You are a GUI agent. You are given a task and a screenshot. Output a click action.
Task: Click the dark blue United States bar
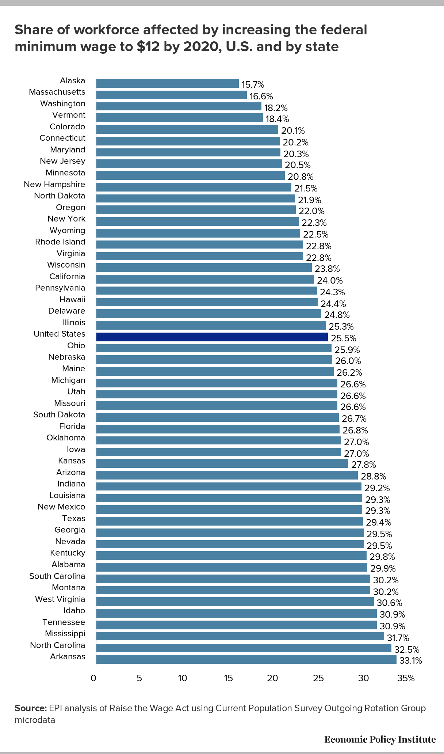(212, 337)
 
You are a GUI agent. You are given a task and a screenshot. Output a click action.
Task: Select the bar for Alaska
(167, 83)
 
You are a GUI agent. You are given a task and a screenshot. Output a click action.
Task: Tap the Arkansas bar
(246, 659)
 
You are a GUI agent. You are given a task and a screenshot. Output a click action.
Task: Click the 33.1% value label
(411, 660)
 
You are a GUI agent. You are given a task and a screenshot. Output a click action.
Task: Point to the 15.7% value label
(253, 85)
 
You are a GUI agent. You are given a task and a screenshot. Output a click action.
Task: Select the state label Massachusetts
(57, 92)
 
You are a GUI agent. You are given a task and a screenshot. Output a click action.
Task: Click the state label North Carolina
(58, 645)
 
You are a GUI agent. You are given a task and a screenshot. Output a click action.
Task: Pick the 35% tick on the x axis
(406, 678)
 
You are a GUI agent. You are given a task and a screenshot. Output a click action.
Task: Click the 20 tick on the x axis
(272, 678)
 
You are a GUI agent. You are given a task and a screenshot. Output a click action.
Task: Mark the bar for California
(205, 279)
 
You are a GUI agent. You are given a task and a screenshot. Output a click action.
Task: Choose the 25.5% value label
(344, 338)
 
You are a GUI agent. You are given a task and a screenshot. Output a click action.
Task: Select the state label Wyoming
(68, 230)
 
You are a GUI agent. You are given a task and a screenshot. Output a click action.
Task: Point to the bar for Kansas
(222, 463)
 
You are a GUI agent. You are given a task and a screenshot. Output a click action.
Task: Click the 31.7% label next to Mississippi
(398, 638)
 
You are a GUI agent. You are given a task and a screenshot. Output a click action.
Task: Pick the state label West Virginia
(60, 599)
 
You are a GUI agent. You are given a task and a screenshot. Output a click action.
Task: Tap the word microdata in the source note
(35, 720)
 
